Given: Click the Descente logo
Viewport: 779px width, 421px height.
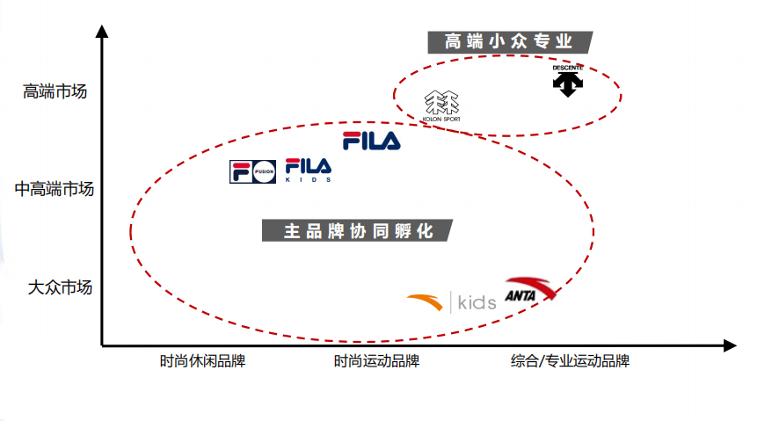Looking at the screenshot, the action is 568,81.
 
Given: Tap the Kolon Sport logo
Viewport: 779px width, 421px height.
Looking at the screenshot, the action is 441,106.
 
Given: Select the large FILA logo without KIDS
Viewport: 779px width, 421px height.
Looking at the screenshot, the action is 372,141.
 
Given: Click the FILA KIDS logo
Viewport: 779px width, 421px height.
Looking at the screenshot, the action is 309,171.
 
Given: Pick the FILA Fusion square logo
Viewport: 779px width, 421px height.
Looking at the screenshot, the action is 253,171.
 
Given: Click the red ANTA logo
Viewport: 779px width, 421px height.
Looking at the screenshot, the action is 530,289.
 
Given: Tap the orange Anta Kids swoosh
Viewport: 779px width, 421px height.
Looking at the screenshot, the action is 425,301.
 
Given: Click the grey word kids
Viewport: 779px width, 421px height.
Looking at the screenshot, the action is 477,302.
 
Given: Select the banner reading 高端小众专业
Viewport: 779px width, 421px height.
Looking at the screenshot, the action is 510,42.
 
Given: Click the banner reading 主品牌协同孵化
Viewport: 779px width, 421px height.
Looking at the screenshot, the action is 357,231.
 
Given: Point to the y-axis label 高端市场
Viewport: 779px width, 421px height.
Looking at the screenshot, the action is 55,91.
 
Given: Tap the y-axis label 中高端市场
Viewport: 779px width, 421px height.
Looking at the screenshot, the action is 55,189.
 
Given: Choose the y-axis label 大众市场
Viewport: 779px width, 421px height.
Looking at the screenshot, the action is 60,287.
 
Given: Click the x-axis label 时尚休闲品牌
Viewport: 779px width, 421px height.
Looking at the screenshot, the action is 203,361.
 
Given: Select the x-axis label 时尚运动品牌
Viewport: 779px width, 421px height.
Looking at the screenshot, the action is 376,361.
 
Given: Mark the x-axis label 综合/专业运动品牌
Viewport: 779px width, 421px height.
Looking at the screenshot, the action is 571,361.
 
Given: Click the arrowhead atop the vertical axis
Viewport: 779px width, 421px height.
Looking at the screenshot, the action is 102,31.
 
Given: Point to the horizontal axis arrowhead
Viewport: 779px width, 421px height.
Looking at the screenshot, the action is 730,345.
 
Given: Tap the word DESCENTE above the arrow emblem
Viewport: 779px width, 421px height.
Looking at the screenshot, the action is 568,68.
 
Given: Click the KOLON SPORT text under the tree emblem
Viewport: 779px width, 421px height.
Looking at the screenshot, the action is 441,120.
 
